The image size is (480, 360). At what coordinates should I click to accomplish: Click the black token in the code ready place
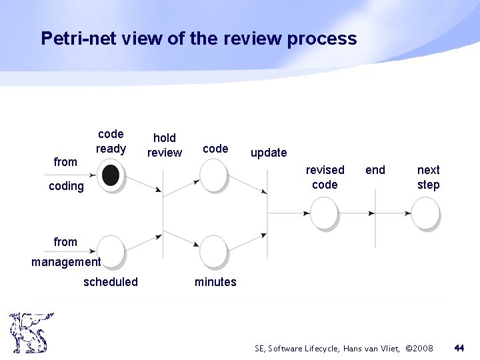(111, 175)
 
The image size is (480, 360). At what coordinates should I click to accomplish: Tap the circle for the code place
(214, 175)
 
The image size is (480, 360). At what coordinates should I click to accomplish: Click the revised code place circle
(325, 213)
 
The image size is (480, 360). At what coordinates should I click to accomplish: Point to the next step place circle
(425, 213)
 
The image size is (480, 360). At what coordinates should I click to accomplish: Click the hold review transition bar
(163, 213)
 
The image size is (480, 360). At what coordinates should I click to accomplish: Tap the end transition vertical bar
(375, 213)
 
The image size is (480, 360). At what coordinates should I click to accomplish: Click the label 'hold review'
(164, 145)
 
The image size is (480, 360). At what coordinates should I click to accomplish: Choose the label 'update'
(268, 153)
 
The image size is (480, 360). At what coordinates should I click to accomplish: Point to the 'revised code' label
(325, 177)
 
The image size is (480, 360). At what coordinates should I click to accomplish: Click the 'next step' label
(428, 177)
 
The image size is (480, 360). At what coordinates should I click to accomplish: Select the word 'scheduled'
(111, 282)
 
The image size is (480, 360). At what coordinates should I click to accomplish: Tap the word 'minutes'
(215, 282)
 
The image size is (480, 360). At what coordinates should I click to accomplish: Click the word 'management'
(66, 262)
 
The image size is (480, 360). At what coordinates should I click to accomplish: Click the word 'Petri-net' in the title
(77, 39)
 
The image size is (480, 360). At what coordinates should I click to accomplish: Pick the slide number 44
(459, 348)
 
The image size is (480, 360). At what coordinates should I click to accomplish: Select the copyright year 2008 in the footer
(421, 349)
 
